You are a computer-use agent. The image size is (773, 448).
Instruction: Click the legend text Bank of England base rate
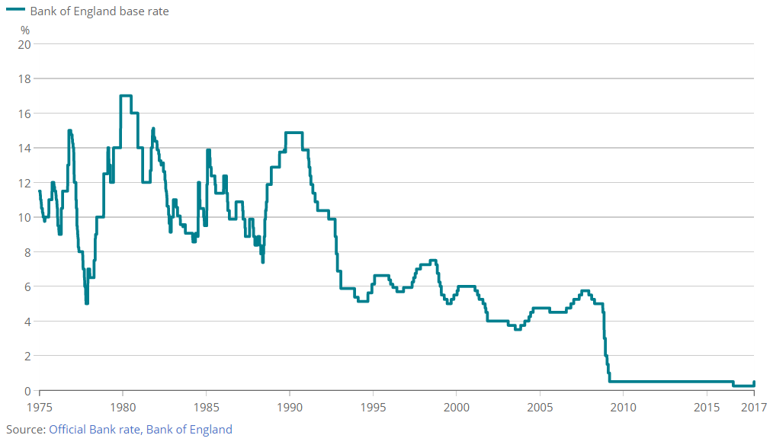point(99,11)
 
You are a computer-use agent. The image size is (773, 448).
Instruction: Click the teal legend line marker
point(15,11)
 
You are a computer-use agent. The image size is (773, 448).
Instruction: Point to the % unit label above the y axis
point(25,30)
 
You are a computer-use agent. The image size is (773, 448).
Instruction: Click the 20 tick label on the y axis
point(24,44)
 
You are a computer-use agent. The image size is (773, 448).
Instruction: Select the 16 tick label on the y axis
point(24,114)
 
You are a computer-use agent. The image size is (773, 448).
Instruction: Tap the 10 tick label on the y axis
point(24,217)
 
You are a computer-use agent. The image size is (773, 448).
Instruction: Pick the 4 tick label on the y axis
point(27,322)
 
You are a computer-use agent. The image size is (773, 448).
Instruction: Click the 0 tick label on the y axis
point(27,391)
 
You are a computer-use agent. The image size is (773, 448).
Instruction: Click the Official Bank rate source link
point(95,430)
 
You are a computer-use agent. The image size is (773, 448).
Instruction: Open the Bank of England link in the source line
point(189,430)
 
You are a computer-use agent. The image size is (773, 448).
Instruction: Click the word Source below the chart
point(24,430)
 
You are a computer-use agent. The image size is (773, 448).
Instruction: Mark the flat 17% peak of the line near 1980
point(126,95)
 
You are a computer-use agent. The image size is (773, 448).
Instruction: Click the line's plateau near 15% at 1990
point(294,133)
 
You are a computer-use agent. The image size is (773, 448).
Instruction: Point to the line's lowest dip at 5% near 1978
point(87,302)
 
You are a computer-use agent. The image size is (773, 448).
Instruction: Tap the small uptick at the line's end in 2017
point(754,382)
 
